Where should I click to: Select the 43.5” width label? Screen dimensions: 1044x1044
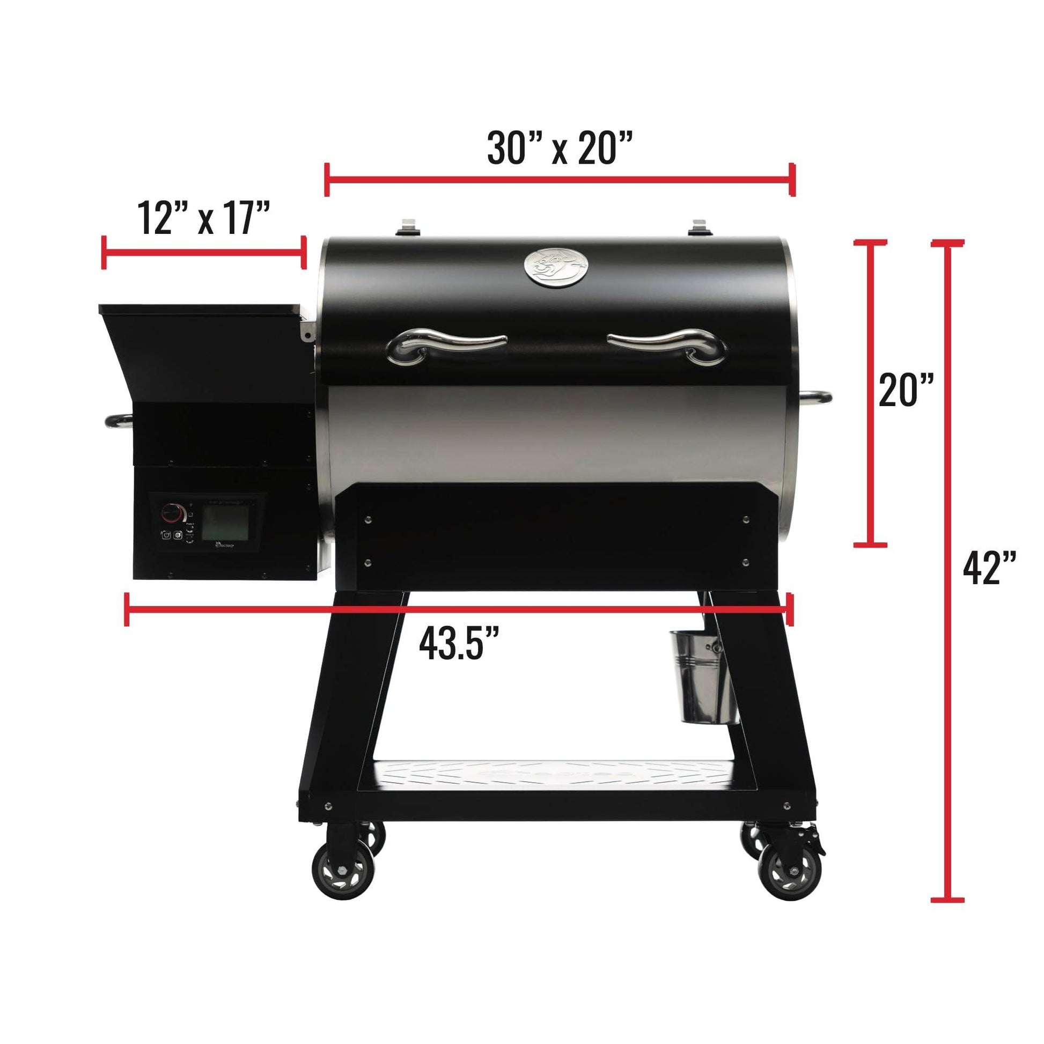tap(458, 643)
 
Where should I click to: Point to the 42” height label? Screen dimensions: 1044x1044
tap(990, 569)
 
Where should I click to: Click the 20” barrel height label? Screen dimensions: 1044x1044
tap(906, 389)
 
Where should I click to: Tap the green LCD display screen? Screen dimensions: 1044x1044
tap(225, 524)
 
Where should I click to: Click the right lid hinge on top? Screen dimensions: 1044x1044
tap(701, 227)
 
